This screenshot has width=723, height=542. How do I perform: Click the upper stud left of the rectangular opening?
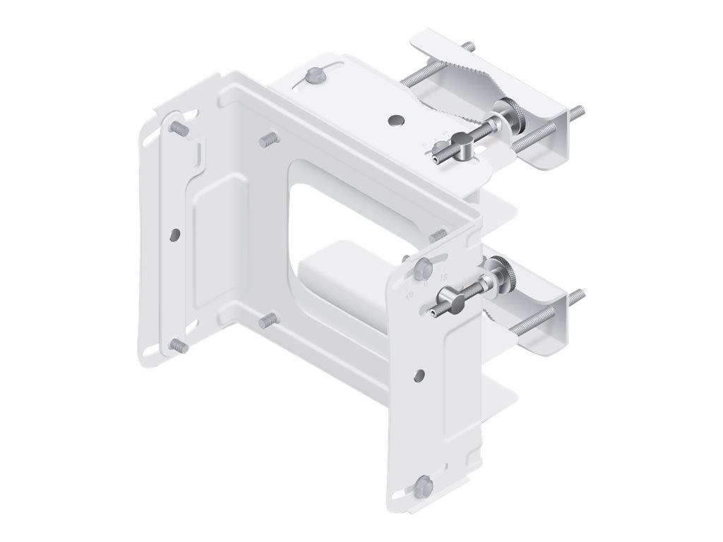267,139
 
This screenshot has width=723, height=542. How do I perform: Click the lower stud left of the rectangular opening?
266,320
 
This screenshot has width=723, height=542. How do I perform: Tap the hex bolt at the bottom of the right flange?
423,484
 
